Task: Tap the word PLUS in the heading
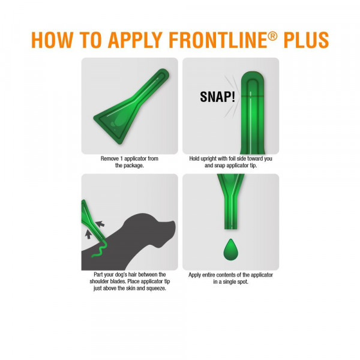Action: pyautogui.click(x=306, y=40)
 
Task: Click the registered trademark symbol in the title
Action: pyautogui.click(x=272, y=36)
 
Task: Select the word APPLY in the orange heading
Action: pyautogui.click(x=135, y=40)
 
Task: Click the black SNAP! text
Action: pyautogui.click(x=217, y=97)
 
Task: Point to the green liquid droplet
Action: pyautogui.click(x=231, y=250)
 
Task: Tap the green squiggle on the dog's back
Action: pyautogui.click(x=100, y=250)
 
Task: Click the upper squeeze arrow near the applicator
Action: pyautogui.click(x=100, y=224)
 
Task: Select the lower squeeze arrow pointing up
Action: pyautogui.click(x=88, y=235)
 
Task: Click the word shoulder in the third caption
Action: pyautogui.click(x=99, y=281)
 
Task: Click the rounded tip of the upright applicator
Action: pyautogui.click(x=253, y=76)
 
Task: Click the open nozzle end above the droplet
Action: pyautogui.click(x=230, y=228)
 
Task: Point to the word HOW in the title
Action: pyautogui.click(x=52, y=40)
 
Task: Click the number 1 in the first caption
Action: pyautogui.click(x=121, y=158)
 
